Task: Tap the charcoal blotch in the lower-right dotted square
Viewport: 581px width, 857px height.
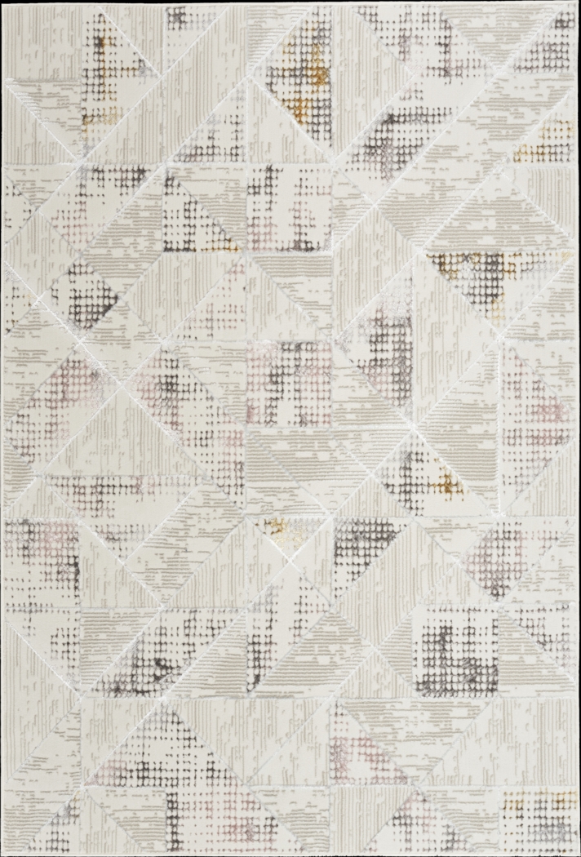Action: click(445, 645)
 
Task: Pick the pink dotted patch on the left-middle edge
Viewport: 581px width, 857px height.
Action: click(57, 392)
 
